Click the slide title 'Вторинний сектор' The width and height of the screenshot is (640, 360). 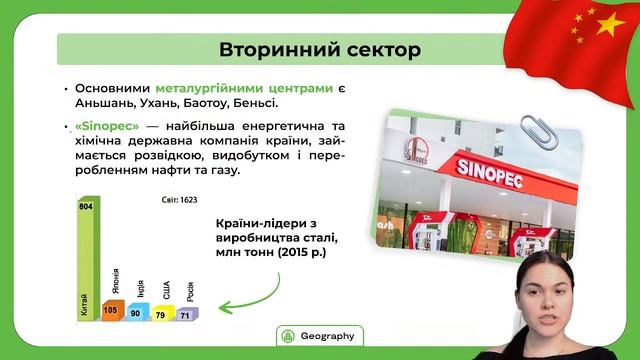pyautogui.click(x=320, y=49)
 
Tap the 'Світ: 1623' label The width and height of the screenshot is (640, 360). pyautogui.click(x=181, y=200)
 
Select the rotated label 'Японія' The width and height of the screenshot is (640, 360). pyautogui.click(x=115, y=282)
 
